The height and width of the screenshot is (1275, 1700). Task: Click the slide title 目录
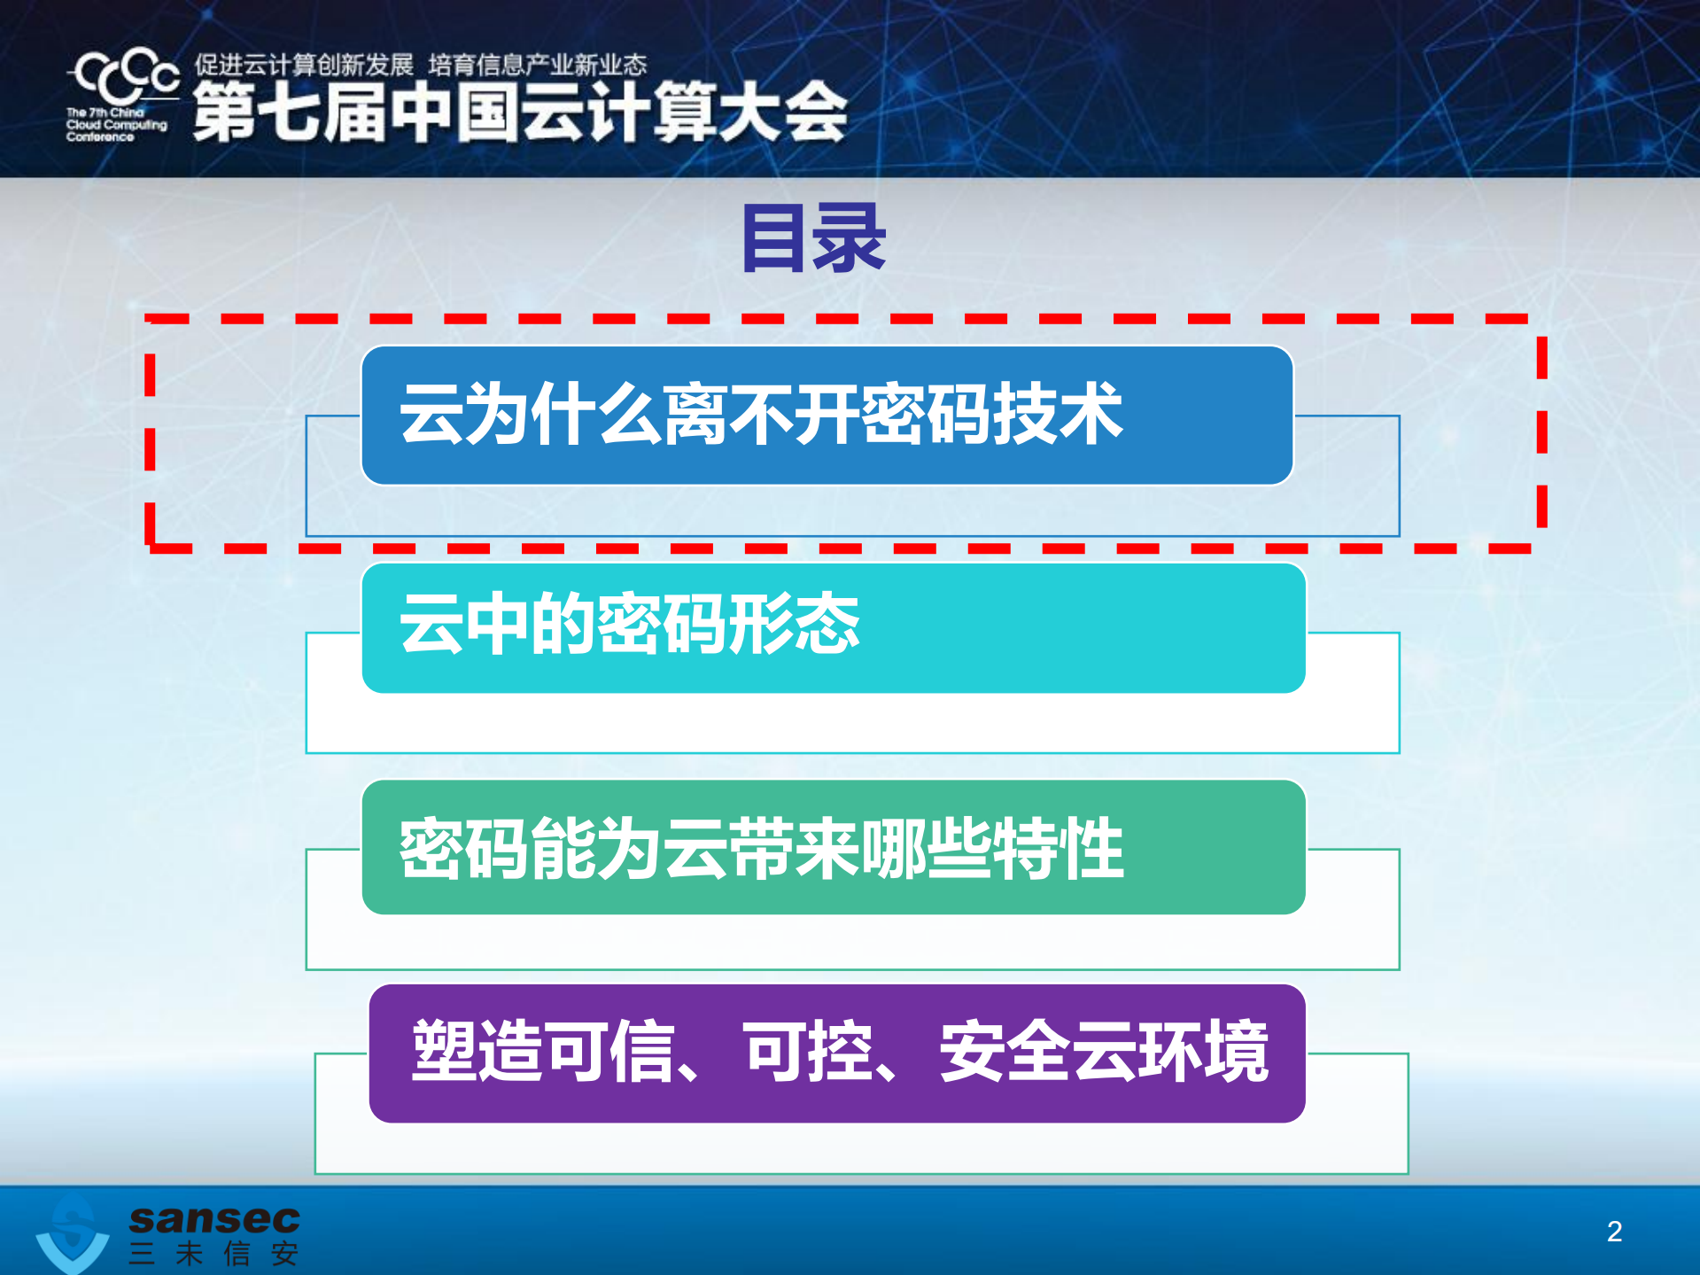[x=813, y=238]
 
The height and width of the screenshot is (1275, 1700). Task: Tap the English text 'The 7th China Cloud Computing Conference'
[x=115, y=125]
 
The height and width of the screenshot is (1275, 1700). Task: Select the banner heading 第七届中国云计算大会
[x=520, y=113]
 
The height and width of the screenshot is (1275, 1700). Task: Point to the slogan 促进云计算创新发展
[x=304, y=65]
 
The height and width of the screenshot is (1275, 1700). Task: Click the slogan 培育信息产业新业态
[x=538, y=65]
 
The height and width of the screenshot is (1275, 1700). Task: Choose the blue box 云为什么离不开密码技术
[x=827, y=416]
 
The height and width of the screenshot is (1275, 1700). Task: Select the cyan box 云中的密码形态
[x=833, y=627]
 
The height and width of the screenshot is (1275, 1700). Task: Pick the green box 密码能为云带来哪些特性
[x=833, y=847]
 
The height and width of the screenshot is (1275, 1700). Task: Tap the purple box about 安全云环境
[x=836, y=1053]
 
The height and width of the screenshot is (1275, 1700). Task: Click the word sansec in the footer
[x=214, y=1219]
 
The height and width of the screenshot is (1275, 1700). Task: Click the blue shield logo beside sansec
[x=73, y=1233]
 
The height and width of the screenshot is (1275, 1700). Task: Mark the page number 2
[x=1614, y=1231]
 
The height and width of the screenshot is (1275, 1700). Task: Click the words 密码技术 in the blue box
[x=992, y=414]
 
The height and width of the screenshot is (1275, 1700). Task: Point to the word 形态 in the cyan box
[x=794, y=625]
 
